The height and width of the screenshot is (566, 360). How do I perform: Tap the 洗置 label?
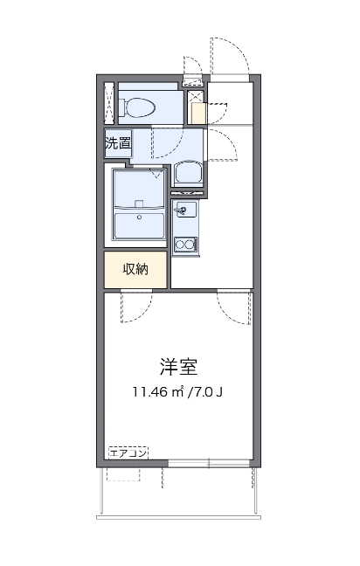(x=118, y=143)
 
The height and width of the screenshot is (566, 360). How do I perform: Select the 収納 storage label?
(x=135, y=269)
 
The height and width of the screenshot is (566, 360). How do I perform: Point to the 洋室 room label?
(x=179, y=367)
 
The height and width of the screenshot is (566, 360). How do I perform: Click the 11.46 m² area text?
(x=158, y=391)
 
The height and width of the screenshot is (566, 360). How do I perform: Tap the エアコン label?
(x=128, y=453)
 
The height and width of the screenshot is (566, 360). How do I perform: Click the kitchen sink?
(x=185, y=210)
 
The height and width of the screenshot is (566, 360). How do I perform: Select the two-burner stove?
(x=184, y=245)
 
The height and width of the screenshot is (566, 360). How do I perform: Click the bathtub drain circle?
(x=140, y=217)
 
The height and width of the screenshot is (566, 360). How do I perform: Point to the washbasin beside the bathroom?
(x=188, y=174)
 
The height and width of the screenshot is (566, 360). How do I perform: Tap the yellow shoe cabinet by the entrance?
(x=198, y=114)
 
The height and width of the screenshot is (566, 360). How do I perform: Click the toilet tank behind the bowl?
(x=121, y=107)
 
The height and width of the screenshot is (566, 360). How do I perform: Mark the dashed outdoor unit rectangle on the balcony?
(x=123, y=474)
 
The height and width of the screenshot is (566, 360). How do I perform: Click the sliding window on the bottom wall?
(x=210, y=463)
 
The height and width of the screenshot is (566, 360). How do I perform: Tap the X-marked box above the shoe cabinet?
(x=196, y=97)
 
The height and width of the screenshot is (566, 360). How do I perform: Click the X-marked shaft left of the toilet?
(x=108, y=103)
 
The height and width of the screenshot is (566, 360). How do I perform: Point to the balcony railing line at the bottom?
(x=179, y=518)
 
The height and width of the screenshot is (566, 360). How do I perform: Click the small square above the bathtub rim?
(x=140, y=204)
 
